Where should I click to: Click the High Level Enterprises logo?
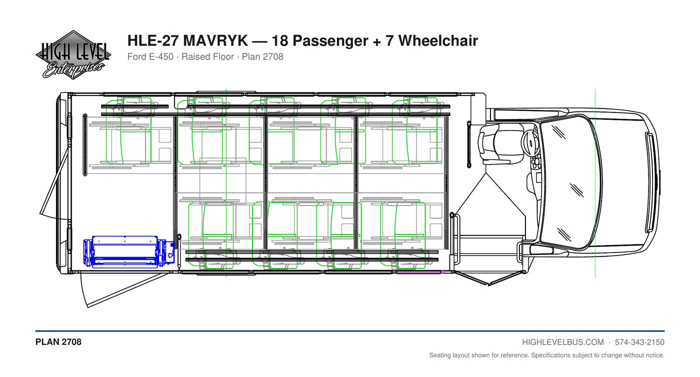click(x=73, y=55)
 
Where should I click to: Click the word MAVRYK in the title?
click(x=215, y=40)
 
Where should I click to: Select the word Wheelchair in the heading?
click(x=438, y=40)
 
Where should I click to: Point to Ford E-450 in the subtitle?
click(x=150, y=56)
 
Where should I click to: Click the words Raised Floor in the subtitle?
click(x=208, y=56)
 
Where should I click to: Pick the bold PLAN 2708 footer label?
click(x=58, y=342)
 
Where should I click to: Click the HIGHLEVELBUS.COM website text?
click(x=563, y=342)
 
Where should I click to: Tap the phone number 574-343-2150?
click(x=639, y=342)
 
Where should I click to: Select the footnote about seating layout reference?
click(x=547, y=355)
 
